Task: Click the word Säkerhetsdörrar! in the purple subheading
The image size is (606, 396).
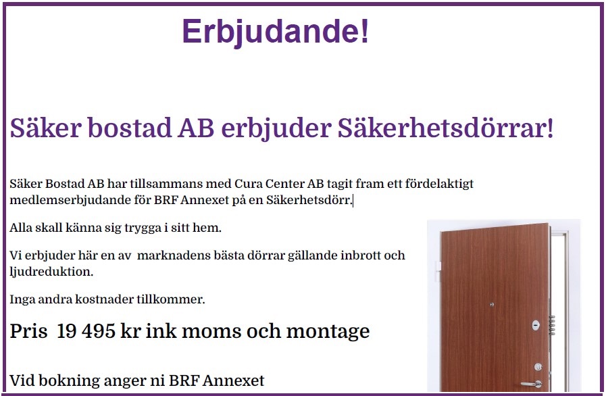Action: coord(446,128)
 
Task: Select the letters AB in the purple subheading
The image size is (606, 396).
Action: coord(196,128)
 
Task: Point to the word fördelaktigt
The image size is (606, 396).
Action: coord(439,184)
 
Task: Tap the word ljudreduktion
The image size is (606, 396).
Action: coord(51,272)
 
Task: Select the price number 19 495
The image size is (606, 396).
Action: coord(86,331)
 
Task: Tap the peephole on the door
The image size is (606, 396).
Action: coord(492,305)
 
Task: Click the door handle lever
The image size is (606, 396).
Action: coord(532,384)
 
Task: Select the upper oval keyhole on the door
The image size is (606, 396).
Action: coord(536,325)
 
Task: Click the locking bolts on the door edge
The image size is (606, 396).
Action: coord(552,326)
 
